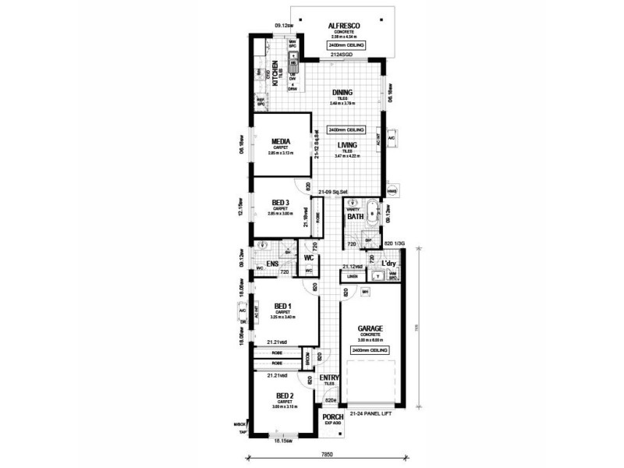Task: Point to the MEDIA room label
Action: point(280,142)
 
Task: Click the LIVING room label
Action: point(348,145)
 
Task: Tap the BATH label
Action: point(356,216)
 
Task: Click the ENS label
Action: point(272,264)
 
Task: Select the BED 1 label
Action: point(282,306)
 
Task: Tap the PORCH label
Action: point(332,417)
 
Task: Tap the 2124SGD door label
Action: point(341,56)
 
